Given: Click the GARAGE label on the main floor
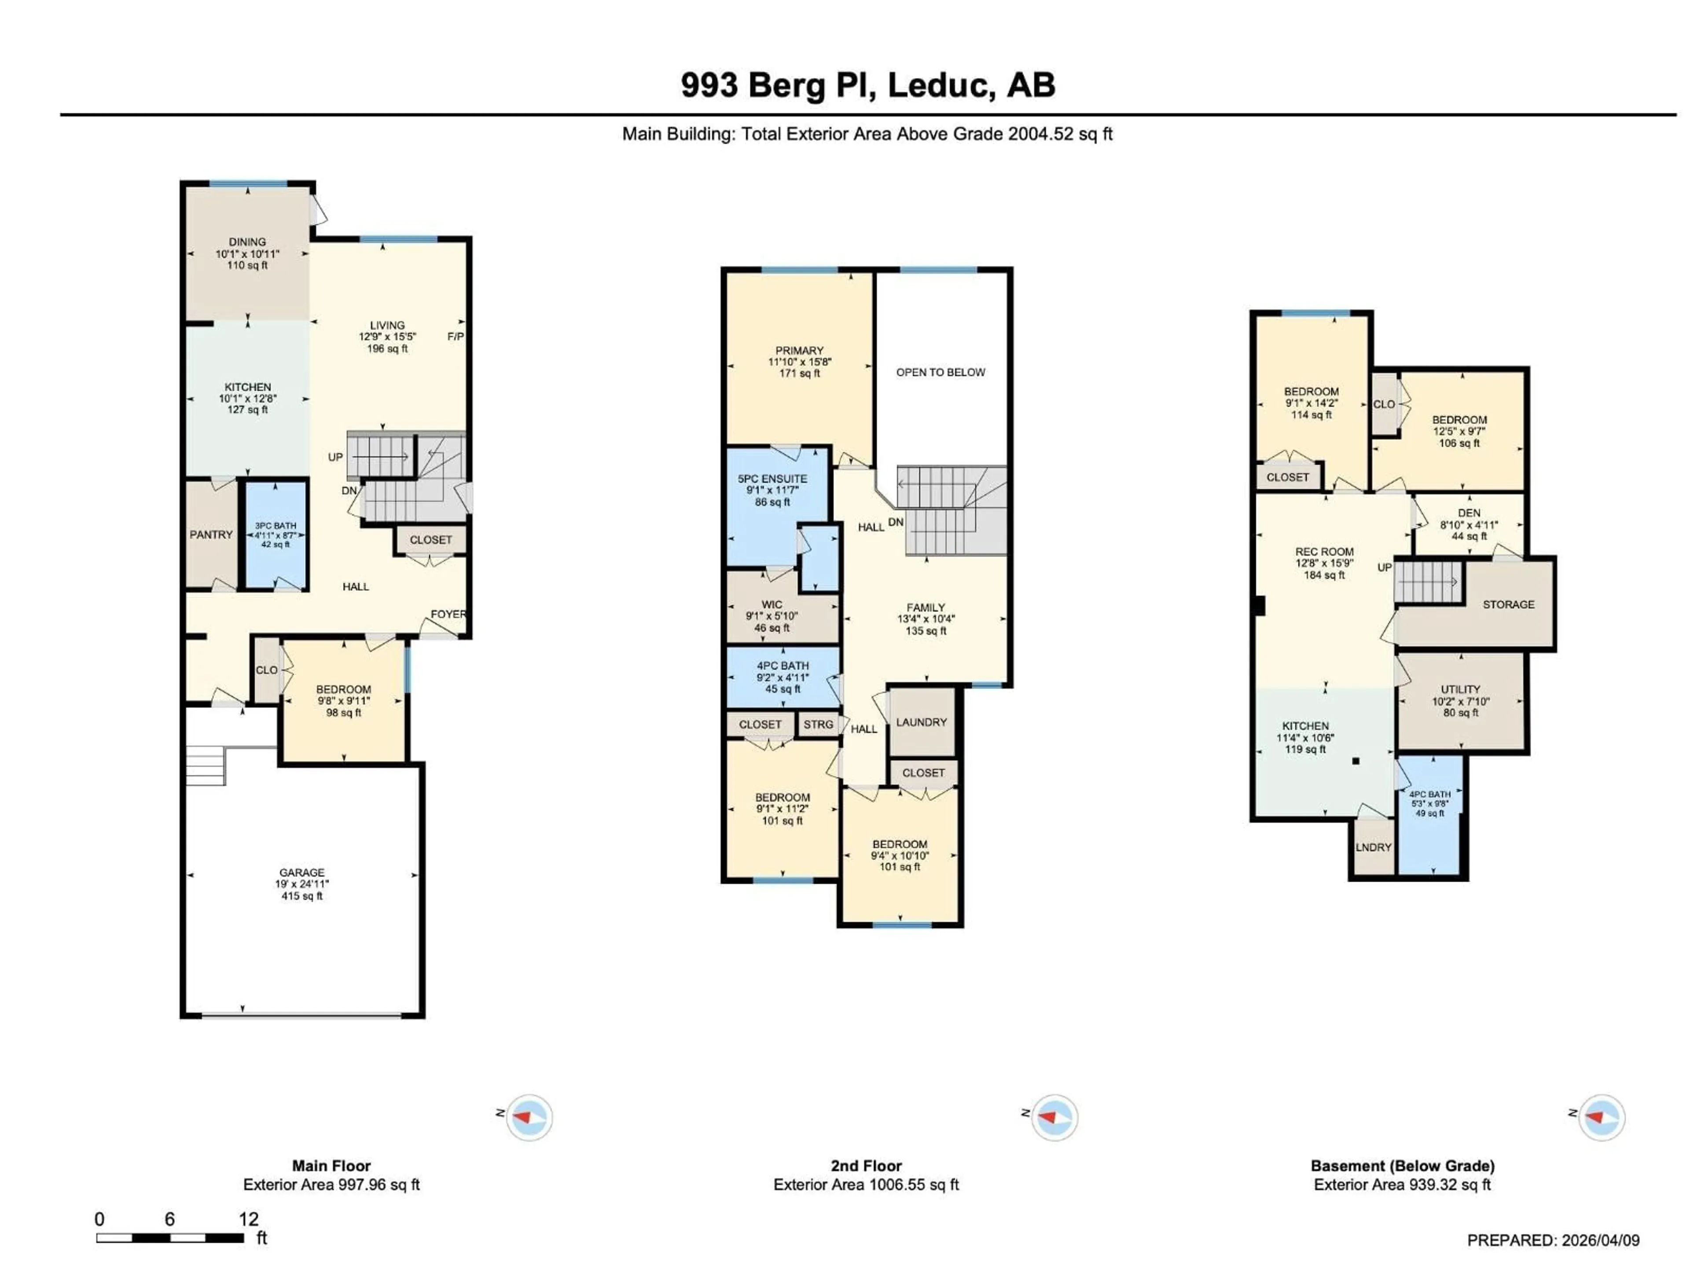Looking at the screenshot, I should click(x=302, y=872).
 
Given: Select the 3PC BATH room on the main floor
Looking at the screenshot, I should click(x=275, y=535).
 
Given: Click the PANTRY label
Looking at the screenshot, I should click(x=211, y=535).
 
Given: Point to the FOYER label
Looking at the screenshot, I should click(x=448, y=614).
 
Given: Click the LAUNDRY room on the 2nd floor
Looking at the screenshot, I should click(x=922, y=722).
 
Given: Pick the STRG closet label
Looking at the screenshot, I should click(x=818, y=724).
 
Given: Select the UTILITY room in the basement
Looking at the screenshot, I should click(x=1460, y=700).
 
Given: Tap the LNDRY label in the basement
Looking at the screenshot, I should click(x=1374, y=847).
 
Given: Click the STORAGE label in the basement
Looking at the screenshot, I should click(x=1508, y=604).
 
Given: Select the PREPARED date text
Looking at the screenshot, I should click(x=1553, y=1240).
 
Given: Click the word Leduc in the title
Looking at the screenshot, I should click(x=941, y=85).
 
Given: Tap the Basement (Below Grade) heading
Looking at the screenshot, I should click(x=1402, y=1165).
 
